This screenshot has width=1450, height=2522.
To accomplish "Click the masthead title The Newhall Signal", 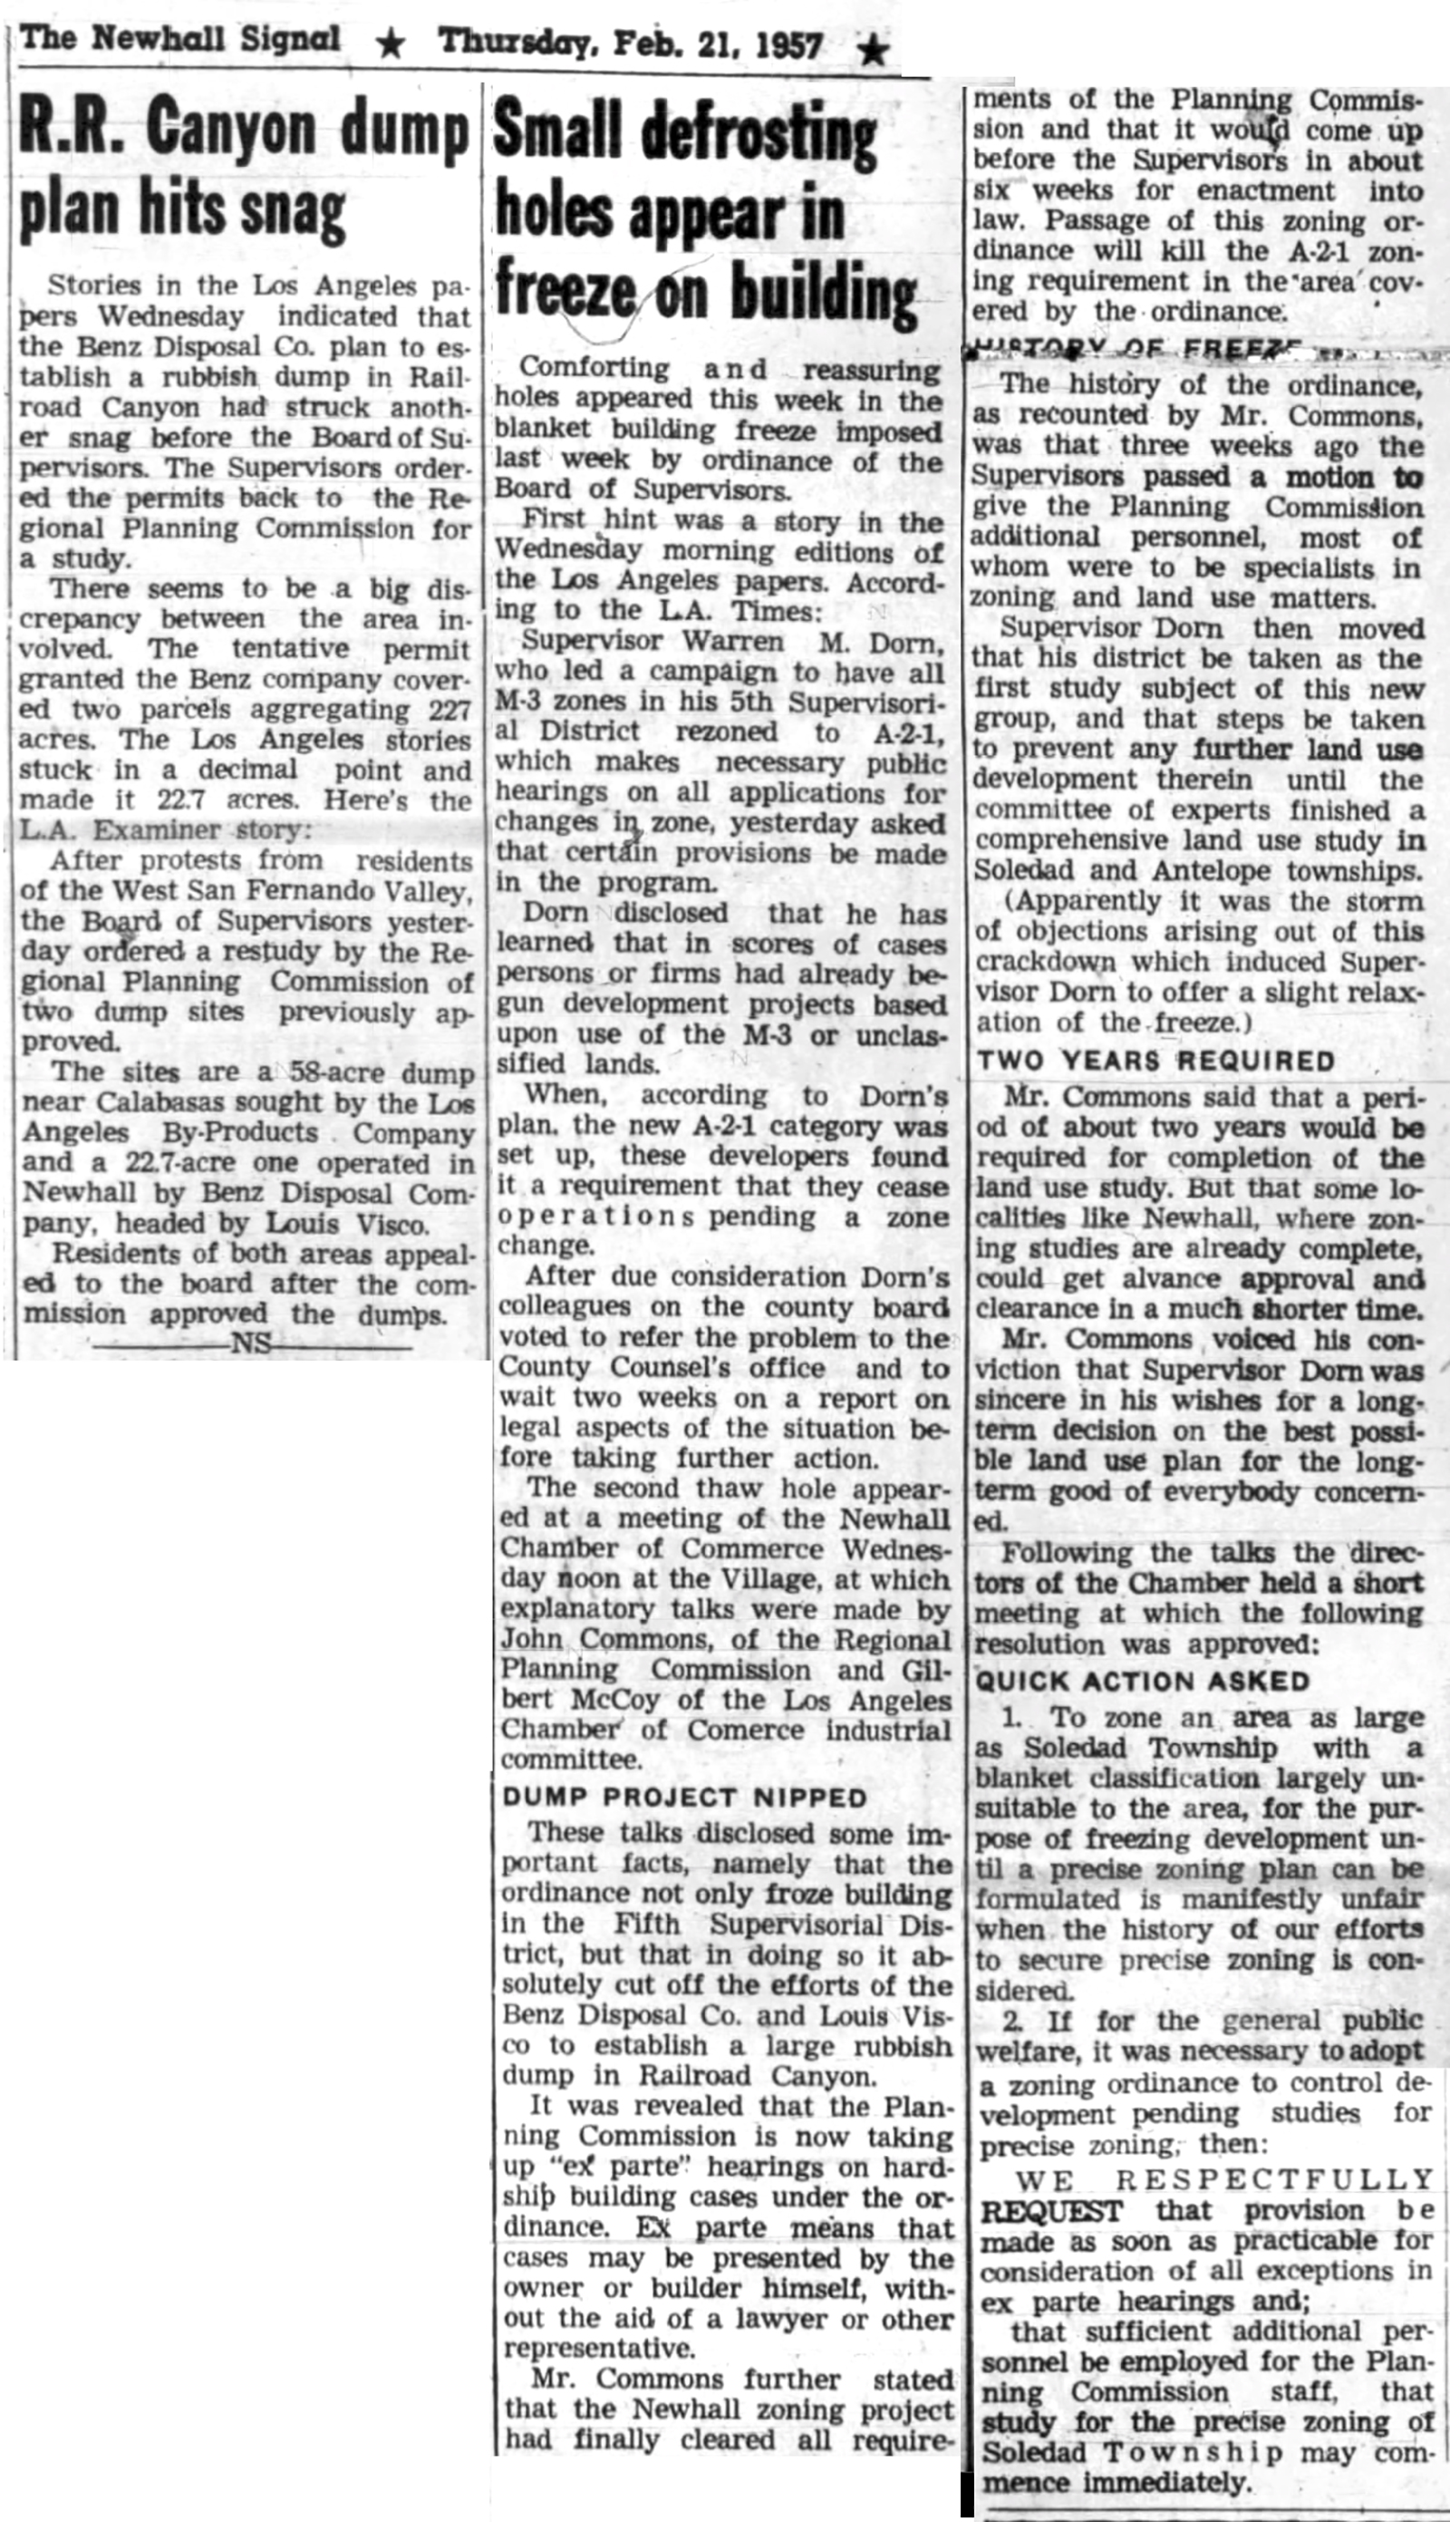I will (x=180, y=40).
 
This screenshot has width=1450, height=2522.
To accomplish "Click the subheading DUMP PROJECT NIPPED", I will (x=684, y=1798).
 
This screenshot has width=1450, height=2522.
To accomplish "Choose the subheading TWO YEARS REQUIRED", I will (x=1155, y=1061).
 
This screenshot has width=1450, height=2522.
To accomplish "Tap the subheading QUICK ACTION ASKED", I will (x=1142, y=1682).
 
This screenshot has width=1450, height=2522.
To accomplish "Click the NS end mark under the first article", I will (x=251, y=1344).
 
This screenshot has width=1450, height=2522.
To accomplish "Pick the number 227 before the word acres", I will (x=450, y=710).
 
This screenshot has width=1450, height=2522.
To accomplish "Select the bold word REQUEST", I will (x=1051, y=2210).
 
